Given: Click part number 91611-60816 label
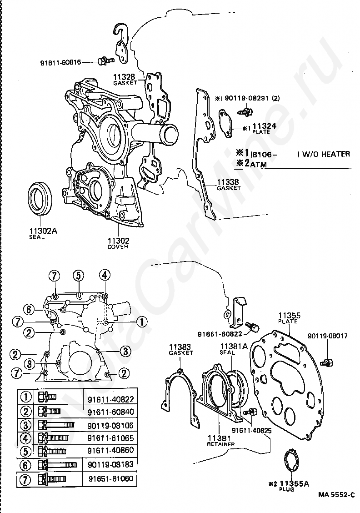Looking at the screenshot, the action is coord(60,62).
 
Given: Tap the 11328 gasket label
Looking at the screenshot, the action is coord(125,80).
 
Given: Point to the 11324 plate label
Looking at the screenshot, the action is coord(262,128).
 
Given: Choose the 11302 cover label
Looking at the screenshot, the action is coord(118,243).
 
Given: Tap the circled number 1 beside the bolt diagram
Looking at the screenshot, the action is coord(142,322).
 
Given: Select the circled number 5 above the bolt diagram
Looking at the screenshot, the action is coord(79,276).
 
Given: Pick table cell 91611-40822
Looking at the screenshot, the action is coord(110,399).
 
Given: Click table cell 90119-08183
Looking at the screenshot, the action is coord(110,464).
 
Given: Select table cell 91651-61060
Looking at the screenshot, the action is coord(111,478).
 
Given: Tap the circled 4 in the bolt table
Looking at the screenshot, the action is coord(26,438).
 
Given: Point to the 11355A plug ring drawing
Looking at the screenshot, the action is coord(290,462).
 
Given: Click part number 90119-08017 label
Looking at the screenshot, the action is coord(328,336).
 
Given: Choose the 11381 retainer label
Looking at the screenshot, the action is coord(221,441).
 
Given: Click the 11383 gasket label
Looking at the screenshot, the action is coord(181,349).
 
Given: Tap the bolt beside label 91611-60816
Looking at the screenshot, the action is coord(105,60).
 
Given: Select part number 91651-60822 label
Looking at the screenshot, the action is coord(220,334).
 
